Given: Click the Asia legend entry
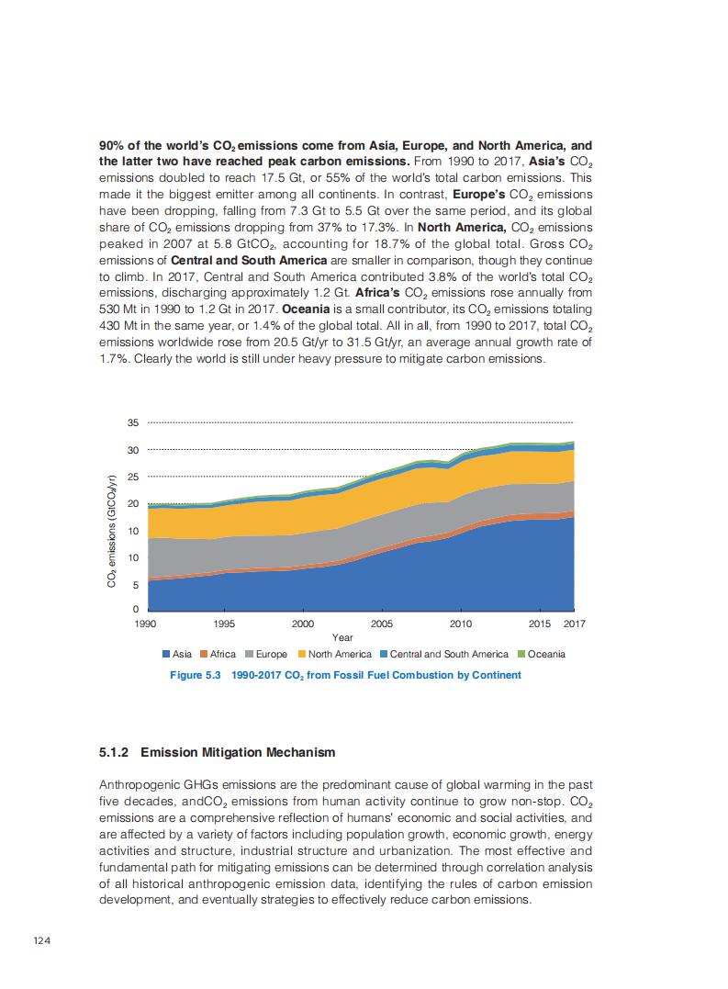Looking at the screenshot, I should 176,654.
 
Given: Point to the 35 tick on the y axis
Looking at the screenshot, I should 132,423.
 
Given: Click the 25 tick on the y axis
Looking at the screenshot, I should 132,477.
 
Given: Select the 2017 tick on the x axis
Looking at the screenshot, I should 575,624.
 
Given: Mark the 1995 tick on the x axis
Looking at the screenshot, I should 224,624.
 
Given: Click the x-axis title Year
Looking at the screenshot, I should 342,636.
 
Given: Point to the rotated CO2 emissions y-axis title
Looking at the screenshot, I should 111,532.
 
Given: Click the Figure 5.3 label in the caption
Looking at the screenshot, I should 196,675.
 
